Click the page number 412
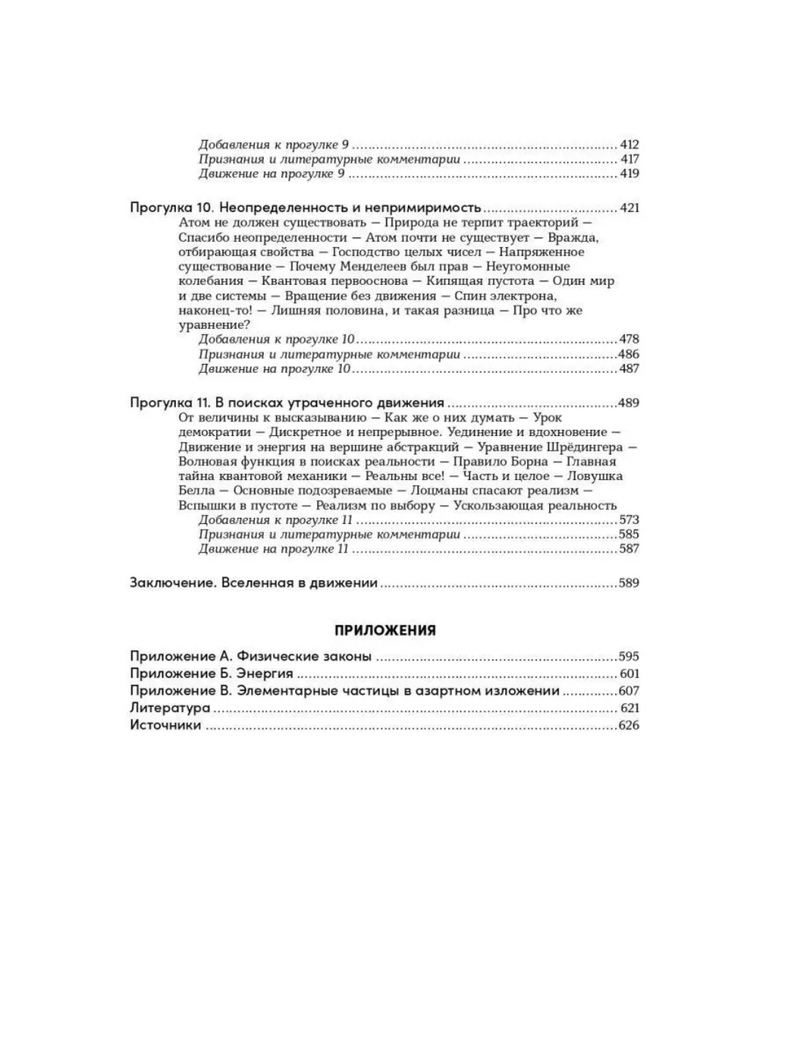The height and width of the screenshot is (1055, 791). pyautogui.click(x=629, y=144)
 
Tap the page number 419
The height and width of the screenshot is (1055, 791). pyautogui.click(x=629, y=174)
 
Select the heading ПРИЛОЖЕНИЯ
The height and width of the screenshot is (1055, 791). pyautogui.click(x=385, y=630)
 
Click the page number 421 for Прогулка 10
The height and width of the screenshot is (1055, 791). pyautogui.click(x=629, y=207)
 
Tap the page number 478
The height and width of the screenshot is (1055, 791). pyautogui.click(x=629, y=339)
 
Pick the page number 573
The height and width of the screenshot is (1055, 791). pyautogui.click(x=629, y=519)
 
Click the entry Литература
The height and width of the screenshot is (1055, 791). pyautogui.click(x=170, y=708)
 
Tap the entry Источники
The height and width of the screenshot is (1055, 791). pyautogui.click(x=166, y=725)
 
